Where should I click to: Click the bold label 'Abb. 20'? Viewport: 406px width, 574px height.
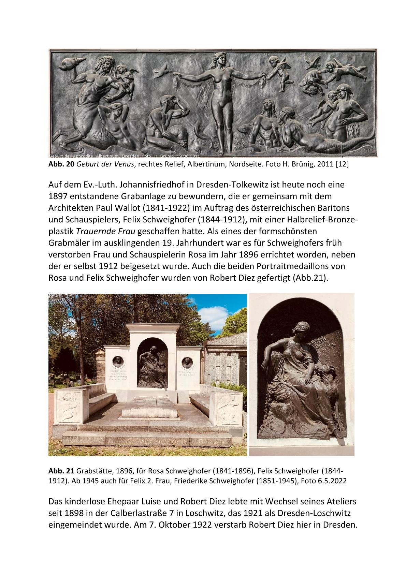[61, 164]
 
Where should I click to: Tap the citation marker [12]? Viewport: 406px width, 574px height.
[342, 164]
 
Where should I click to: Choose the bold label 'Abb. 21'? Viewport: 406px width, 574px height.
[61, 471]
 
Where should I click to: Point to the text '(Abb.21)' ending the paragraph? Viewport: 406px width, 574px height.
[310, 278]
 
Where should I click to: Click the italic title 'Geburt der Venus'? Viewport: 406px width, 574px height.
[105, 164]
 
